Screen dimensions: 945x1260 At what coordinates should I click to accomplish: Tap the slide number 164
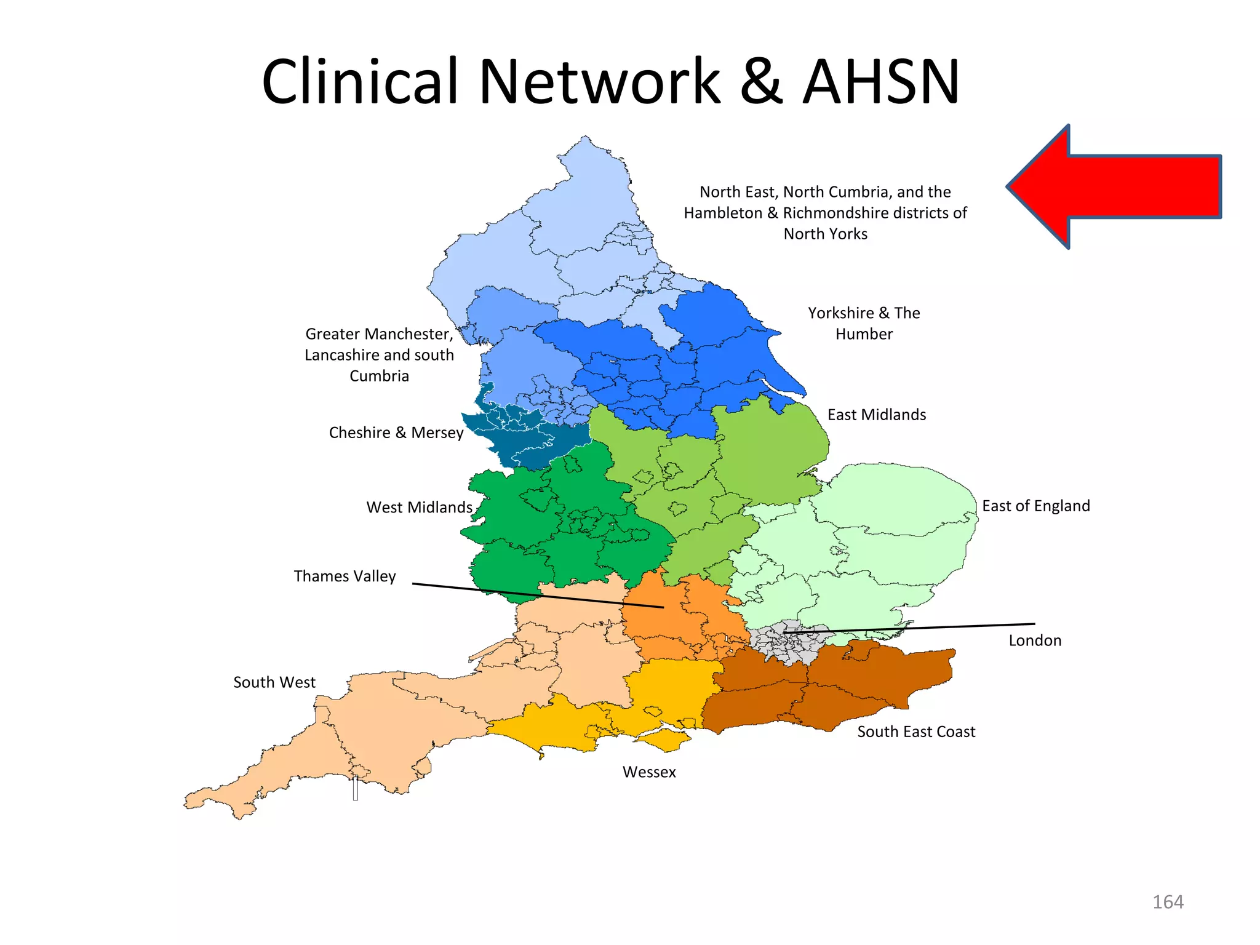click(1167, 902)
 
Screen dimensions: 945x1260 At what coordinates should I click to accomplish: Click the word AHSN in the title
click(880, 82)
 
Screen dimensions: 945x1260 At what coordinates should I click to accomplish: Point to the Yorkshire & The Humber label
click(864, 324)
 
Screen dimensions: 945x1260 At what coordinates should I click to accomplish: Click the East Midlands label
click(876, 415)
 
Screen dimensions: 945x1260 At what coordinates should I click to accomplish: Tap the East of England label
click(1035, 506)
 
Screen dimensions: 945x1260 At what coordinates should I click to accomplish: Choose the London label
click(1035, 640)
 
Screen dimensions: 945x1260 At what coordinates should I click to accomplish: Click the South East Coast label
click(916, 732)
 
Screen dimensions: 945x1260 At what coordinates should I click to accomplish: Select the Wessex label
click(649, 772)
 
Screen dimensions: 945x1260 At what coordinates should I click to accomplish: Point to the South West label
click(274, 682)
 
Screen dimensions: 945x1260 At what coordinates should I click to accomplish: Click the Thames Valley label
click(345, 576)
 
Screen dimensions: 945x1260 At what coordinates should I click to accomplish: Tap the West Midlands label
click(419, 508)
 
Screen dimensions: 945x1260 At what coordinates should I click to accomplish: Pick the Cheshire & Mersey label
click(396, 433)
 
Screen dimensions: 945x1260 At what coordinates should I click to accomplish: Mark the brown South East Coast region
click(874, 683)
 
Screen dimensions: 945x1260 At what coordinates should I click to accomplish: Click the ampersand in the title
click(761, 82)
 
